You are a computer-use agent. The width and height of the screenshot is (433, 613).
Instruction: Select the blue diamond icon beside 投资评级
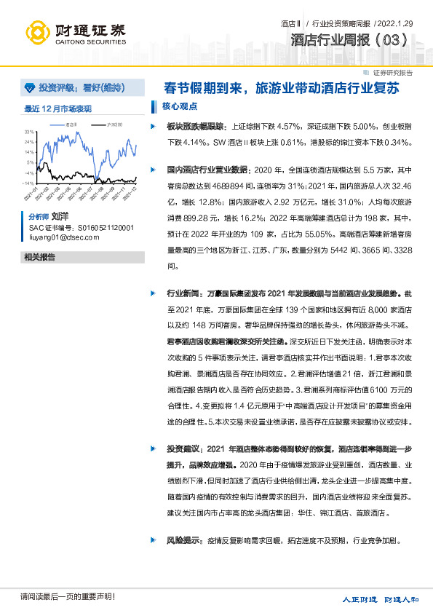pos(29,88)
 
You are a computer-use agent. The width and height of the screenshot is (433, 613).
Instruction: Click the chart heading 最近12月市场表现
pos(57,108)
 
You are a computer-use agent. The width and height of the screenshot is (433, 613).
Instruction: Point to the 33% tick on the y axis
pos(29,132)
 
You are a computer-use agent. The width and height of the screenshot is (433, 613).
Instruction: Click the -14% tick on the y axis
pos(28,183)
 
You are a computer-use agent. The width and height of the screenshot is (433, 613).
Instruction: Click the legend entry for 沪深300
pos(111,124)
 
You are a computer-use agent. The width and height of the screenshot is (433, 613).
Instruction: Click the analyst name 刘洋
pos(60,217)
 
